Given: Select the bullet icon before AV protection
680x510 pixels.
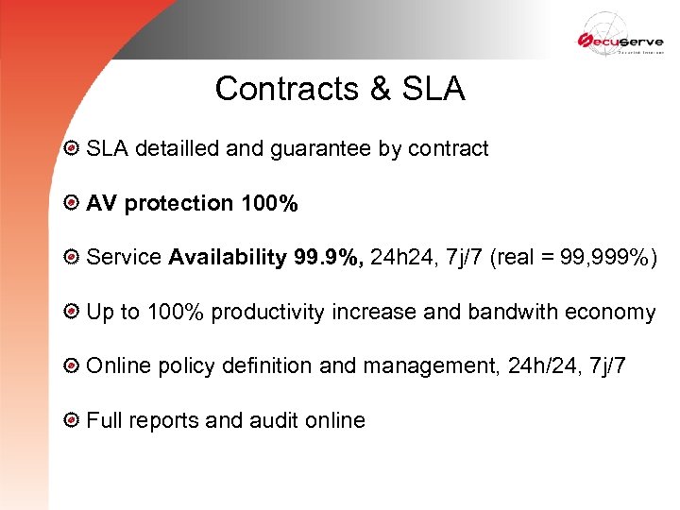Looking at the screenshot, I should tap(71, 203).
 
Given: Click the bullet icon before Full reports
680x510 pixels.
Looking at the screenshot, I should tap(71, 421).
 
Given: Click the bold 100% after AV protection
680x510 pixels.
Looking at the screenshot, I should tap(269, 203).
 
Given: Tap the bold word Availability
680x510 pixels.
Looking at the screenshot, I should tap(228, 257).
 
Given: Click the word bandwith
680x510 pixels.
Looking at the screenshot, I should tap(517, 313).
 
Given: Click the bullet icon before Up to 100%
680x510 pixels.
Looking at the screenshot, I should tap(71, 313).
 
